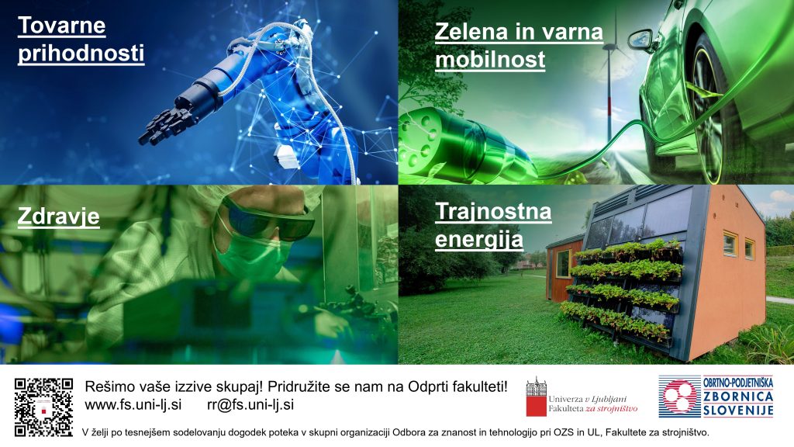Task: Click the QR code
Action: (x=43, y=407)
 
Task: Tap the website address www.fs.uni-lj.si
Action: (x=133, y=405)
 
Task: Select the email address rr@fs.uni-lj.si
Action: (x=250, y=405)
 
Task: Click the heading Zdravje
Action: (x=58, y=217)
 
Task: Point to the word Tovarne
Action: (x=62, y=26)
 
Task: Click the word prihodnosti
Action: (x=81, y=54)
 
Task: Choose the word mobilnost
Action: (x=490, y=60)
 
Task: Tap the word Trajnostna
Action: (x=493, y=211)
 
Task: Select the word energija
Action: (x=479, y=240)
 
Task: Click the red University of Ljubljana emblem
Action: (x=537, y=397)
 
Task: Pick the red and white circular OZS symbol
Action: (x=679, y=397)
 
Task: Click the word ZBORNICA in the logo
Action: (x=738, y=397)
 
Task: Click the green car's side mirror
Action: (x=641, y=40)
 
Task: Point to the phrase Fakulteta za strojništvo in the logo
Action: (x=593, y=408)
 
